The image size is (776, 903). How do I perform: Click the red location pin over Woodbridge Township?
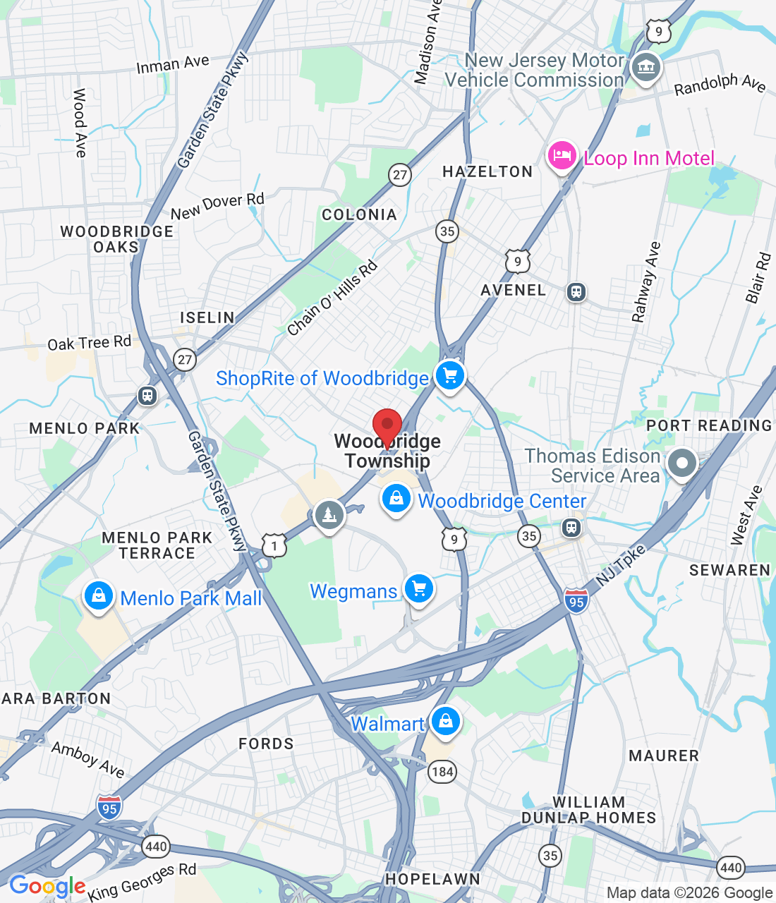coord(387,426)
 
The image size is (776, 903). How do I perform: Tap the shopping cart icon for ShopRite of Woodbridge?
coord(449,375)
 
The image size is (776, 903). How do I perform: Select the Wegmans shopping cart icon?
coord(419,588)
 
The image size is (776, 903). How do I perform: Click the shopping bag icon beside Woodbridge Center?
coord(396,499)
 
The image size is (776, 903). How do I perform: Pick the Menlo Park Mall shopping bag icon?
coord(99,596)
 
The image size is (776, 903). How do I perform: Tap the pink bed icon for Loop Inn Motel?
coord(562,155)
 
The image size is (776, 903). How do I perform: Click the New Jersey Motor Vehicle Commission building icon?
coord(645,68)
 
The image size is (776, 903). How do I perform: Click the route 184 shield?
coord(442,771)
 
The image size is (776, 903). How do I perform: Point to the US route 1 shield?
coord(274,545)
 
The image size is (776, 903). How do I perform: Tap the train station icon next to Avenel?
coord(576,292)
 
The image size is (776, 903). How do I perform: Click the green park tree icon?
coord(329,515)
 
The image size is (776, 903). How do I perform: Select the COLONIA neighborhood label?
coord(359,214)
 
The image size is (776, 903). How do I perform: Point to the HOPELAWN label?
coord(432,879)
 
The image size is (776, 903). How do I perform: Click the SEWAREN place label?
coord(729,570)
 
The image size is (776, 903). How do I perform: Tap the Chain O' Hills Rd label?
coord(332,298)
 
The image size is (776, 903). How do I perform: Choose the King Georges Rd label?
coord(143,881)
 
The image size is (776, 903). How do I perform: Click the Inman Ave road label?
coord(173,64)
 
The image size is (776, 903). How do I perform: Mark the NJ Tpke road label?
coord(621,565)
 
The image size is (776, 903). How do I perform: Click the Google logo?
coord(47,886)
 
